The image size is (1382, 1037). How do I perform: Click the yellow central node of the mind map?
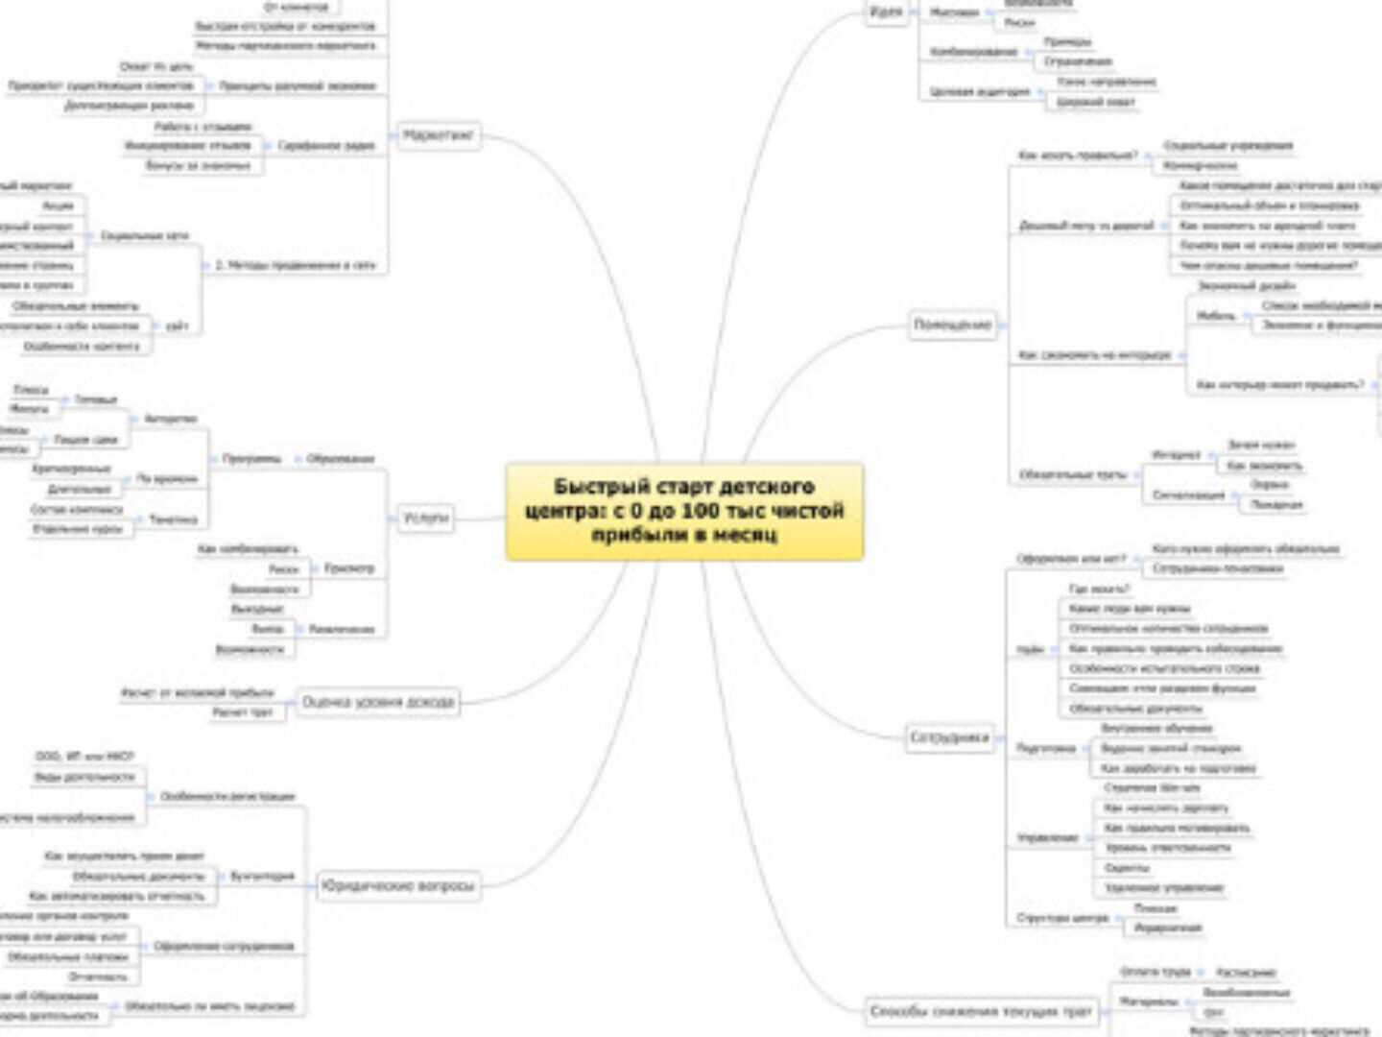click(x=684, y=511)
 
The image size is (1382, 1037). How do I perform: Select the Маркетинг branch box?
click(x=438, y=135)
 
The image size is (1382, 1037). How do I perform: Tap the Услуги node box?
click(x=425, y=518)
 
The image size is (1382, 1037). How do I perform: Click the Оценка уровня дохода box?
click(x=378, y=702)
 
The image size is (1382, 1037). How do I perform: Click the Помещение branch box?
click(x=952, y=326)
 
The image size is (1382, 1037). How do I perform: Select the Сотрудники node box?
click(x=948, y=738)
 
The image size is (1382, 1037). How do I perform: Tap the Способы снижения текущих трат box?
click(x=980, y=1011)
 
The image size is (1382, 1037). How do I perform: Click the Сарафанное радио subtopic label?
click(x=326, y=146)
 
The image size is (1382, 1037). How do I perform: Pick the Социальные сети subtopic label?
click(x=145, y=235)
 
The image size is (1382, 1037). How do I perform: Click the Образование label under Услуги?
click(x=341, y=459)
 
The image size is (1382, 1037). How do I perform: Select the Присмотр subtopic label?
click(x=349, y=568)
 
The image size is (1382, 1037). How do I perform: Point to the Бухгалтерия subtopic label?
click(x=262, y=876)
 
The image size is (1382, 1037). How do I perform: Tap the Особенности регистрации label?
click(x=227, y=796)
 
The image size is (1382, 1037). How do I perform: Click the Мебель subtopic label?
click(x=1216, y=316)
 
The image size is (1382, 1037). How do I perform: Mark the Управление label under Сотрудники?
click(x=1048, y=838)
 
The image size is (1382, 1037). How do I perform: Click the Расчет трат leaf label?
click(x=249, y=712)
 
